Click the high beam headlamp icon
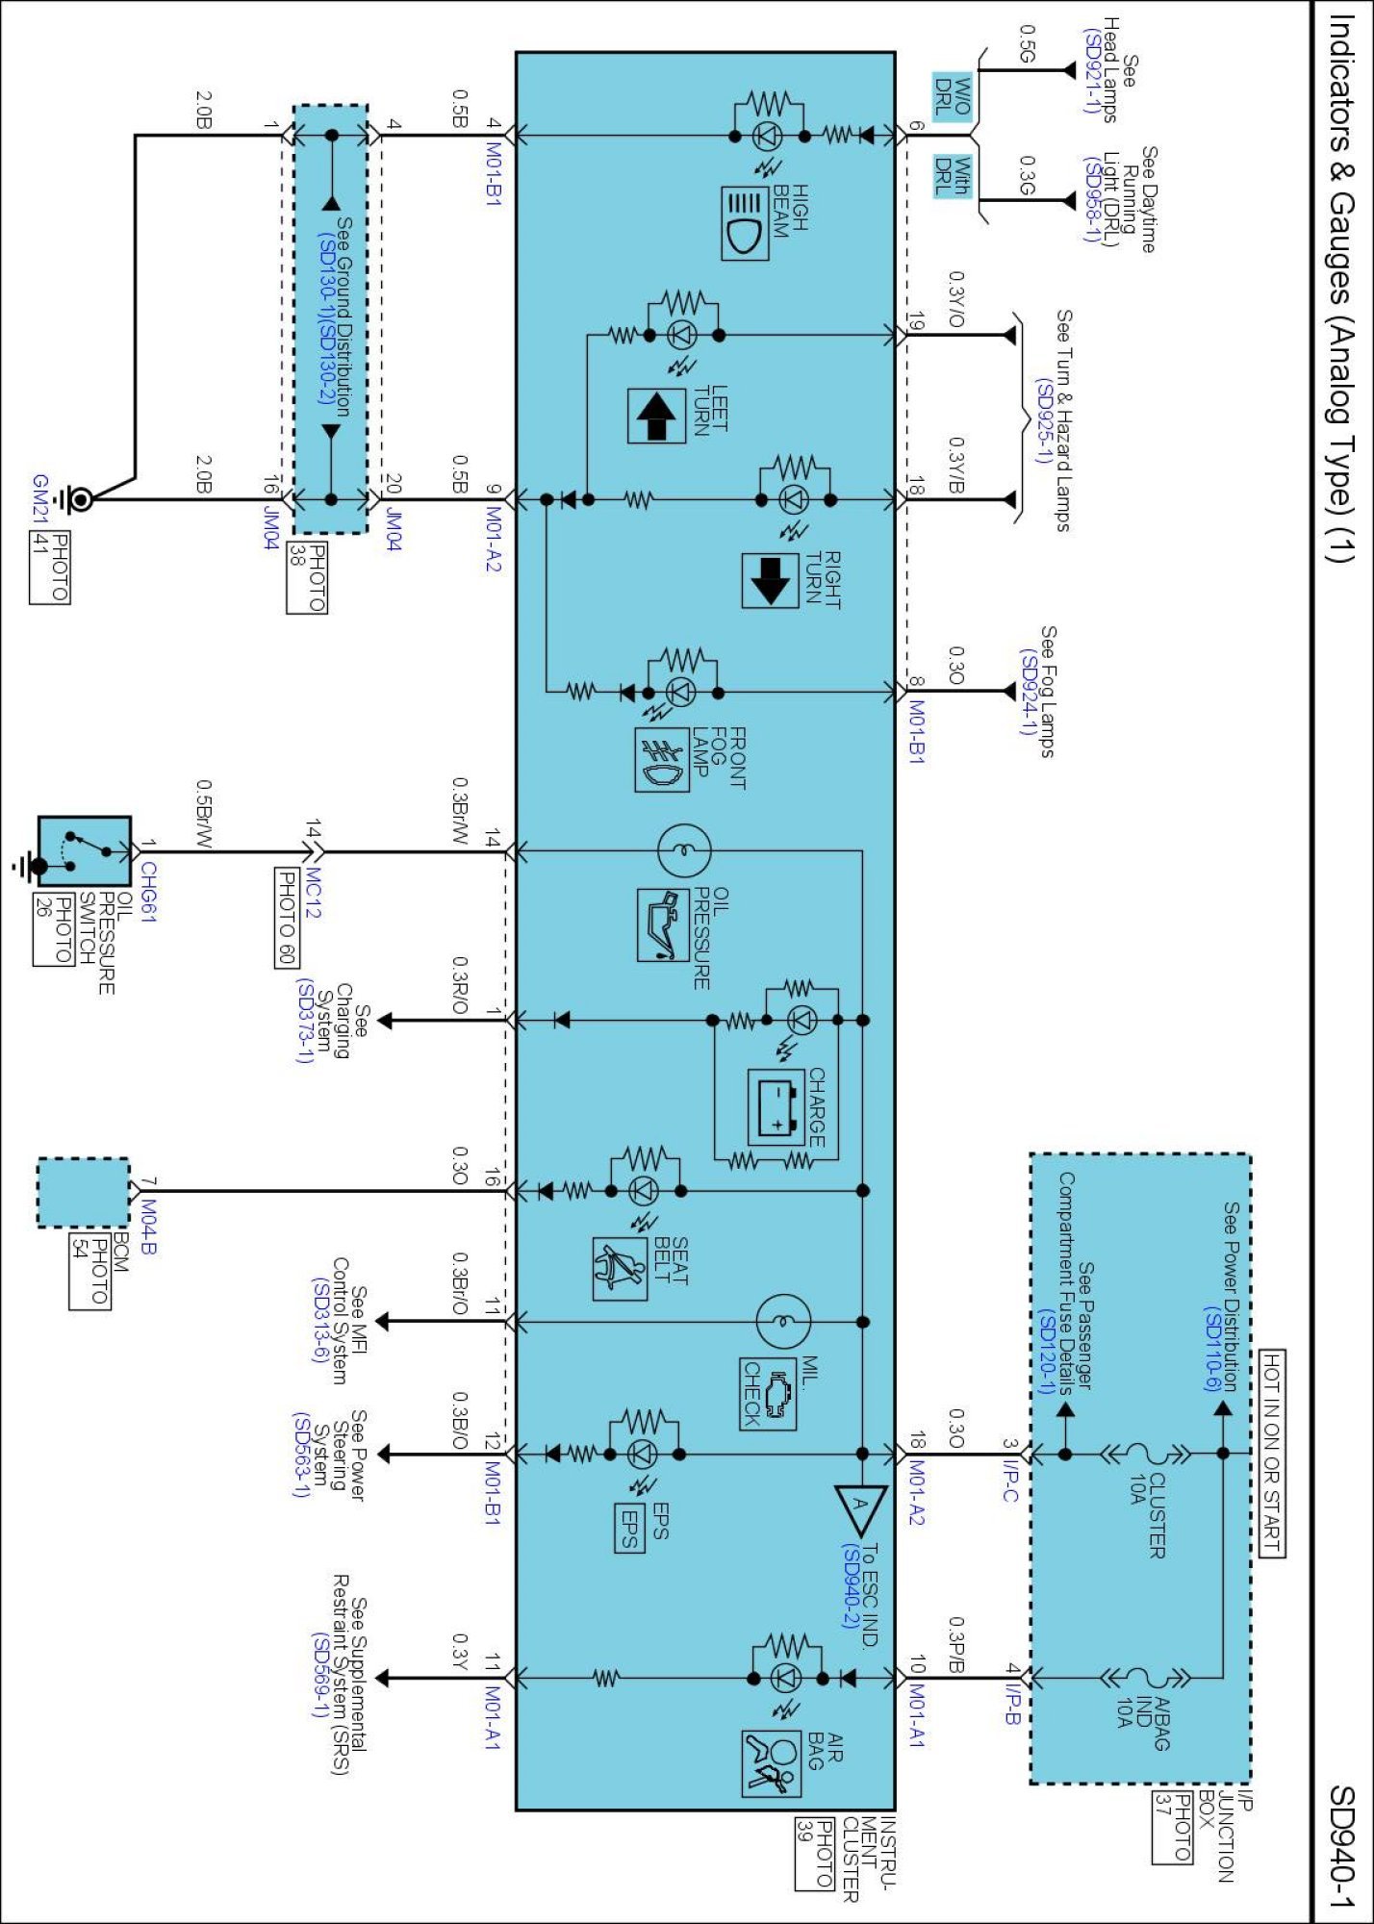[x=745, y=223]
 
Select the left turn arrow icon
[x=656, y=416]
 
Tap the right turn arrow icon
[x=770, y=580]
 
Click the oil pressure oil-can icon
[x=663, y=924]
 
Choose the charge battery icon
[x=776, y=1107]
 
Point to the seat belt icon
[x=620, y=1268]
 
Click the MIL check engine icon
[x=768, y=1393]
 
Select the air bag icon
[x=771, y=1763]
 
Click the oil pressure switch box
[x=84, y=851]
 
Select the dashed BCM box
[x=83, y=1192]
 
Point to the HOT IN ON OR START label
[x=1271, y=1452]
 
